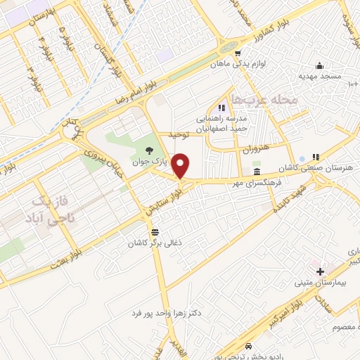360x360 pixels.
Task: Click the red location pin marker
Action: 181,166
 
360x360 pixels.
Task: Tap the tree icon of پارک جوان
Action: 148,149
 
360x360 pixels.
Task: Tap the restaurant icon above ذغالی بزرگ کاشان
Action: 154,231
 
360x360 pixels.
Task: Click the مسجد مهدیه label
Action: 319,75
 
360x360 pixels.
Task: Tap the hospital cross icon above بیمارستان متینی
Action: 320,271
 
